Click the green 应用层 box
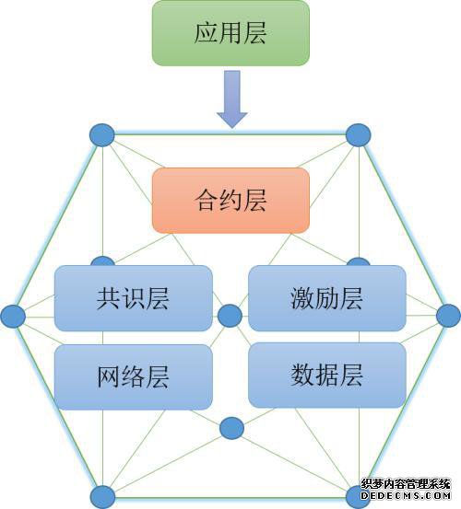(230, 33)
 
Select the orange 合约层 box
(230, 201)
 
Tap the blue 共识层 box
(134, 298)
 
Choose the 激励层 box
(327, 298)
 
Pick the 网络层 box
(134, 376)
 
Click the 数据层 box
(327, 375)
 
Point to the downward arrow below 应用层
(232, 99)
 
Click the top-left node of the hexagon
(102, 135)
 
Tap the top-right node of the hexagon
(359, 135)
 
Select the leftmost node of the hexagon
(13, 316)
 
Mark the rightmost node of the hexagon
(448, 316)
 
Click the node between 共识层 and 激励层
(230, 316)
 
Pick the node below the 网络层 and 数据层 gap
(231, 429)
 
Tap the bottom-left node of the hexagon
(102, 497)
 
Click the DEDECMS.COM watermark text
(406, 496)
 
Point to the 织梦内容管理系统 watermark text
(406, 484)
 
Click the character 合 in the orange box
(207, 201)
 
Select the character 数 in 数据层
(302, 375)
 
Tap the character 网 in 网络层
(109, 376)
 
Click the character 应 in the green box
(207, 33)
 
